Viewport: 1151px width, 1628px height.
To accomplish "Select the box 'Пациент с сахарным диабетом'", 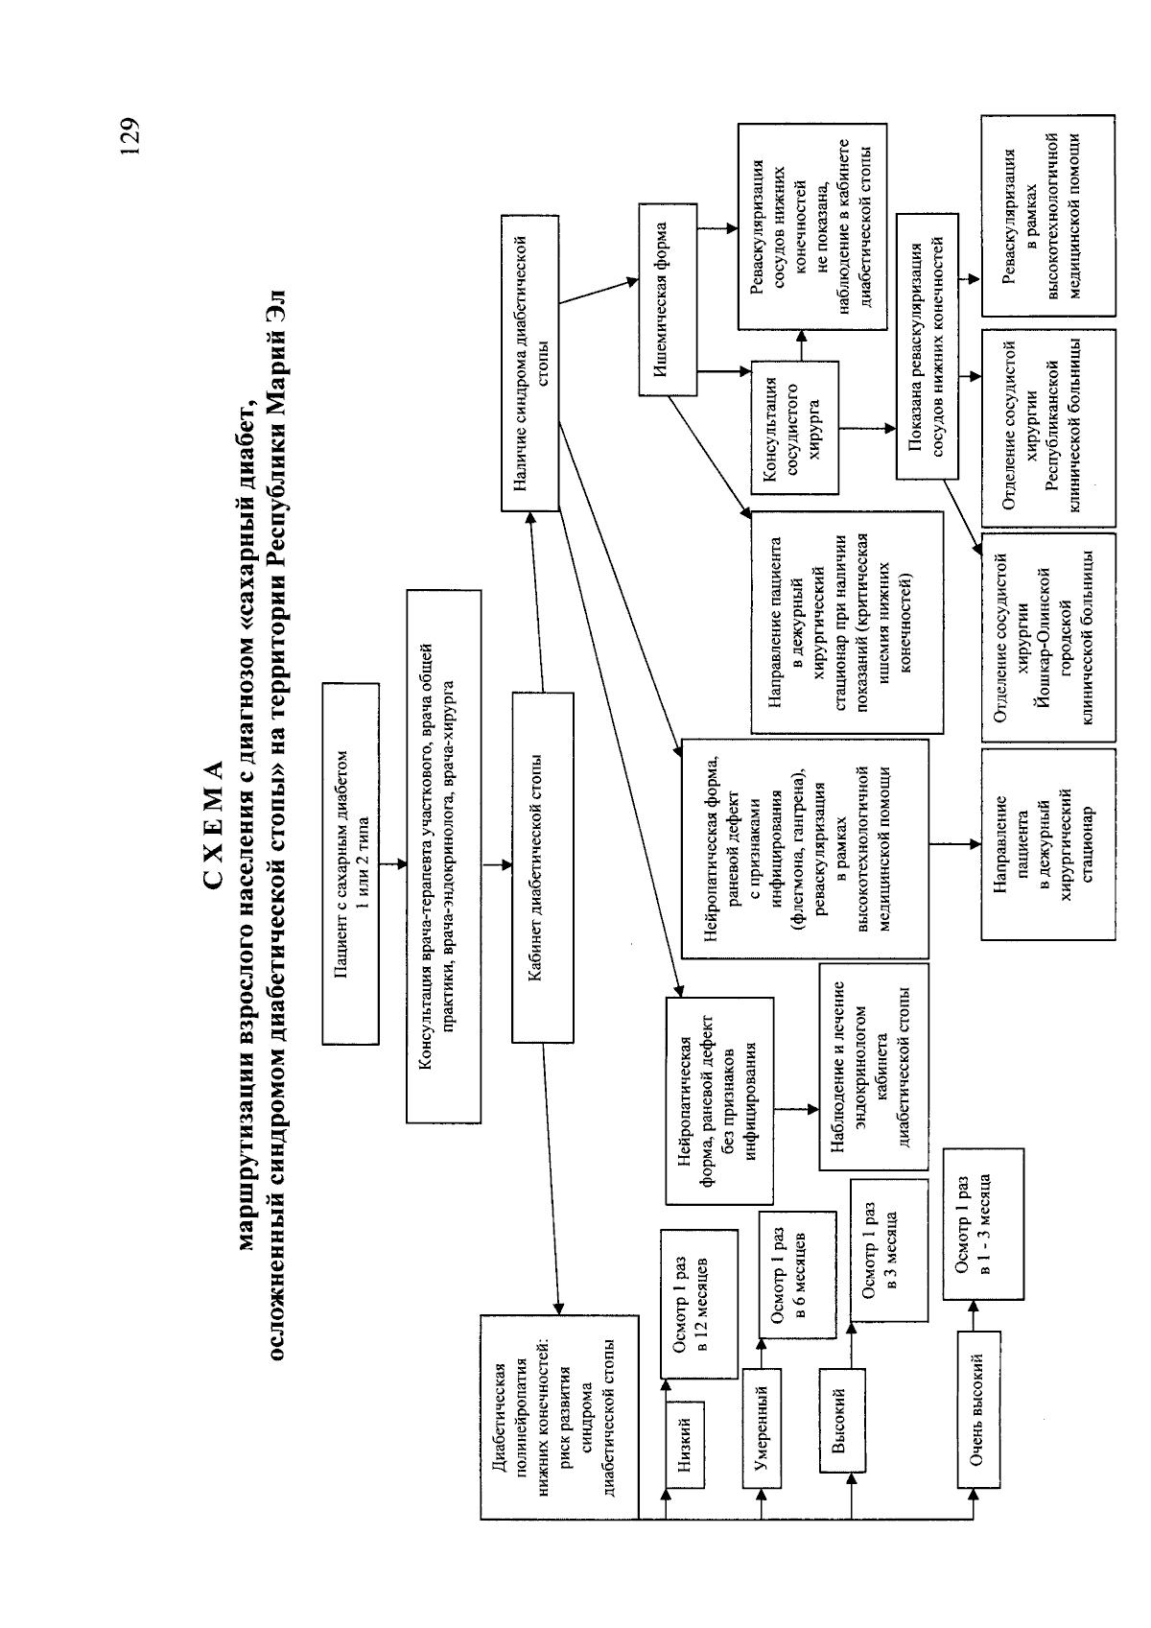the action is (351, 863).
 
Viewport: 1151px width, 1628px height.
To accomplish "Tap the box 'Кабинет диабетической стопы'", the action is (543, 868).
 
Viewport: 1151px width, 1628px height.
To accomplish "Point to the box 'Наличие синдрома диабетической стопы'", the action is (530, 363).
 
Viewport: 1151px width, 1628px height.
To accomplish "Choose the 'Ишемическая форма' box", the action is (668, 299).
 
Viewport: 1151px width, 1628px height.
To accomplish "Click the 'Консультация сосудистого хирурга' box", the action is (795, 428).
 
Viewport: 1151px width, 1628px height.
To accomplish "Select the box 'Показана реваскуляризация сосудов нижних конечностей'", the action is (927, 346).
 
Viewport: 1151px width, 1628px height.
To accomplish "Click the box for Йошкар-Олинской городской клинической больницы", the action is (1048, 637).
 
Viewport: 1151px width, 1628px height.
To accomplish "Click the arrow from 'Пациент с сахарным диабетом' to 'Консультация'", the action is (393, 864).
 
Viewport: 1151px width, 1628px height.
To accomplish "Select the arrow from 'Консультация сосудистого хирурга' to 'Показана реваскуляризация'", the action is (868, 428).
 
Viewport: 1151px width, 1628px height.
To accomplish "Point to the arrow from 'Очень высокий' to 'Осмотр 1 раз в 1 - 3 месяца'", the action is (975, 1315).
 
